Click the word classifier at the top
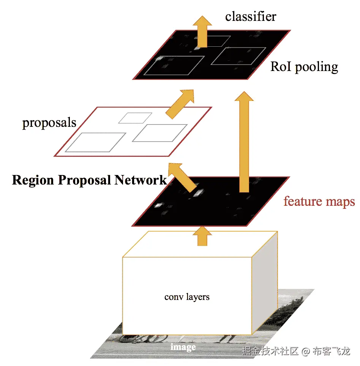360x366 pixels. click(x=251, y=16)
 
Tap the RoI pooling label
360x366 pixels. click(x=304, y=67)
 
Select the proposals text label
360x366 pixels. click(x=49, y=123)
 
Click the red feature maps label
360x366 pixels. click(x=319, y=201)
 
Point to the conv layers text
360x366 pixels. click(x=187, y=297)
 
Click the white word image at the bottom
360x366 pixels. click(x=183, y=347)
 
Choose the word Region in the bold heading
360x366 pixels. click(x=33, y=180)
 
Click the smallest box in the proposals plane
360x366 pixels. click(x=135, y=118)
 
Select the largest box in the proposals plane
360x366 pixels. click(x=96, y=142)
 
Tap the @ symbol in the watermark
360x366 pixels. click(x=306, y=351)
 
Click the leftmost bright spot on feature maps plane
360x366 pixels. click(x=158, y=205)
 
